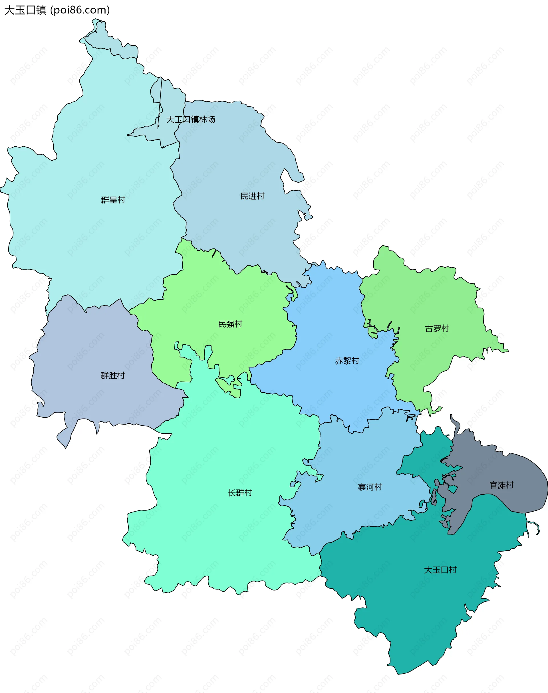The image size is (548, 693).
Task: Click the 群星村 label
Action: coord(113,200)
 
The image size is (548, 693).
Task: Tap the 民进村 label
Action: coord(253,196)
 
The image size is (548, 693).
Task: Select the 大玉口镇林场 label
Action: coord(191,119)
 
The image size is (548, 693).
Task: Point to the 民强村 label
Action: coord(230,324)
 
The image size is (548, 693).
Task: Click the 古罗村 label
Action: coord(437,328)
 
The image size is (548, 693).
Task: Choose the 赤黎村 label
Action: coord(347,361)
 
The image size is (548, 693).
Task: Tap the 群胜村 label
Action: coord(113,375)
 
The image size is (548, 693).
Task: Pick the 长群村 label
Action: coord(240,492)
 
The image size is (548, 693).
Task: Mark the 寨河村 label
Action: coord(370,487)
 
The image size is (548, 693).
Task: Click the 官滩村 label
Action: coord(501,485)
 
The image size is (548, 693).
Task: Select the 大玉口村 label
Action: coord(440,570)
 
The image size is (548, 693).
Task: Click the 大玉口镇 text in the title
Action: coord(25,10)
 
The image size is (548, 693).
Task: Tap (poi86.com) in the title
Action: coord(80,10)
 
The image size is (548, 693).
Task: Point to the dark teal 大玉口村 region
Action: coord(417,609)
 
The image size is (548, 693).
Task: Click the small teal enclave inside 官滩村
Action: coord(453,489)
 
